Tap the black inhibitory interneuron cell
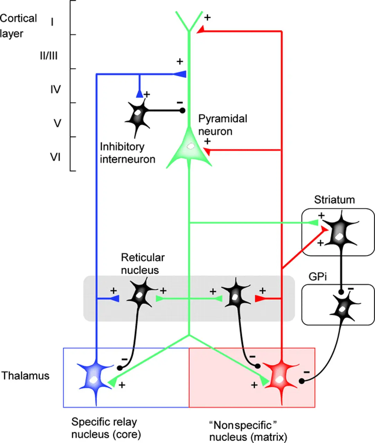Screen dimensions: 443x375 tap(138, 115)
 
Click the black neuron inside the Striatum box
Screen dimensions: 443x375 tap(338, 235)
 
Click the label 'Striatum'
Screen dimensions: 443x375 tap(334, 200)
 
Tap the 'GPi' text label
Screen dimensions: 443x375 tap(318, 277)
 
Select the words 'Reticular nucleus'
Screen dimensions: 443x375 tap(142, 263)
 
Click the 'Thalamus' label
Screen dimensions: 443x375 tap(26, 376)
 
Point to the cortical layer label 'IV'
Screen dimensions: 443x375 tap(55, 89)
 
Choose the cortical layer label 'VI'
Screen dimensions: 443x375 tap(55, 157)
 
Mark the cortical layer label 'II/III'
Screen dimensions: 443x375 tap(49, 55)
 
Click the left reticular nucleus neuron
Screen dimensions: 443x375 tap(140, 295)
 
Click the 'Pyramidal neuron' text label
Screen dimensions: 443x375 tap(223, 125)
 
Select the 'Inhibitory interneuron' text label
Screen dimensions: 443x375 tap(127, 153)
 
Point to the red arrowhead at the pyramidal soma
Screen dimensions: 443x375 tap(207, 151)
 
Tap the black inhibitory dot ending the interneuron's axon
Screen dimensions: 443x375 tap(182, 111)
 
